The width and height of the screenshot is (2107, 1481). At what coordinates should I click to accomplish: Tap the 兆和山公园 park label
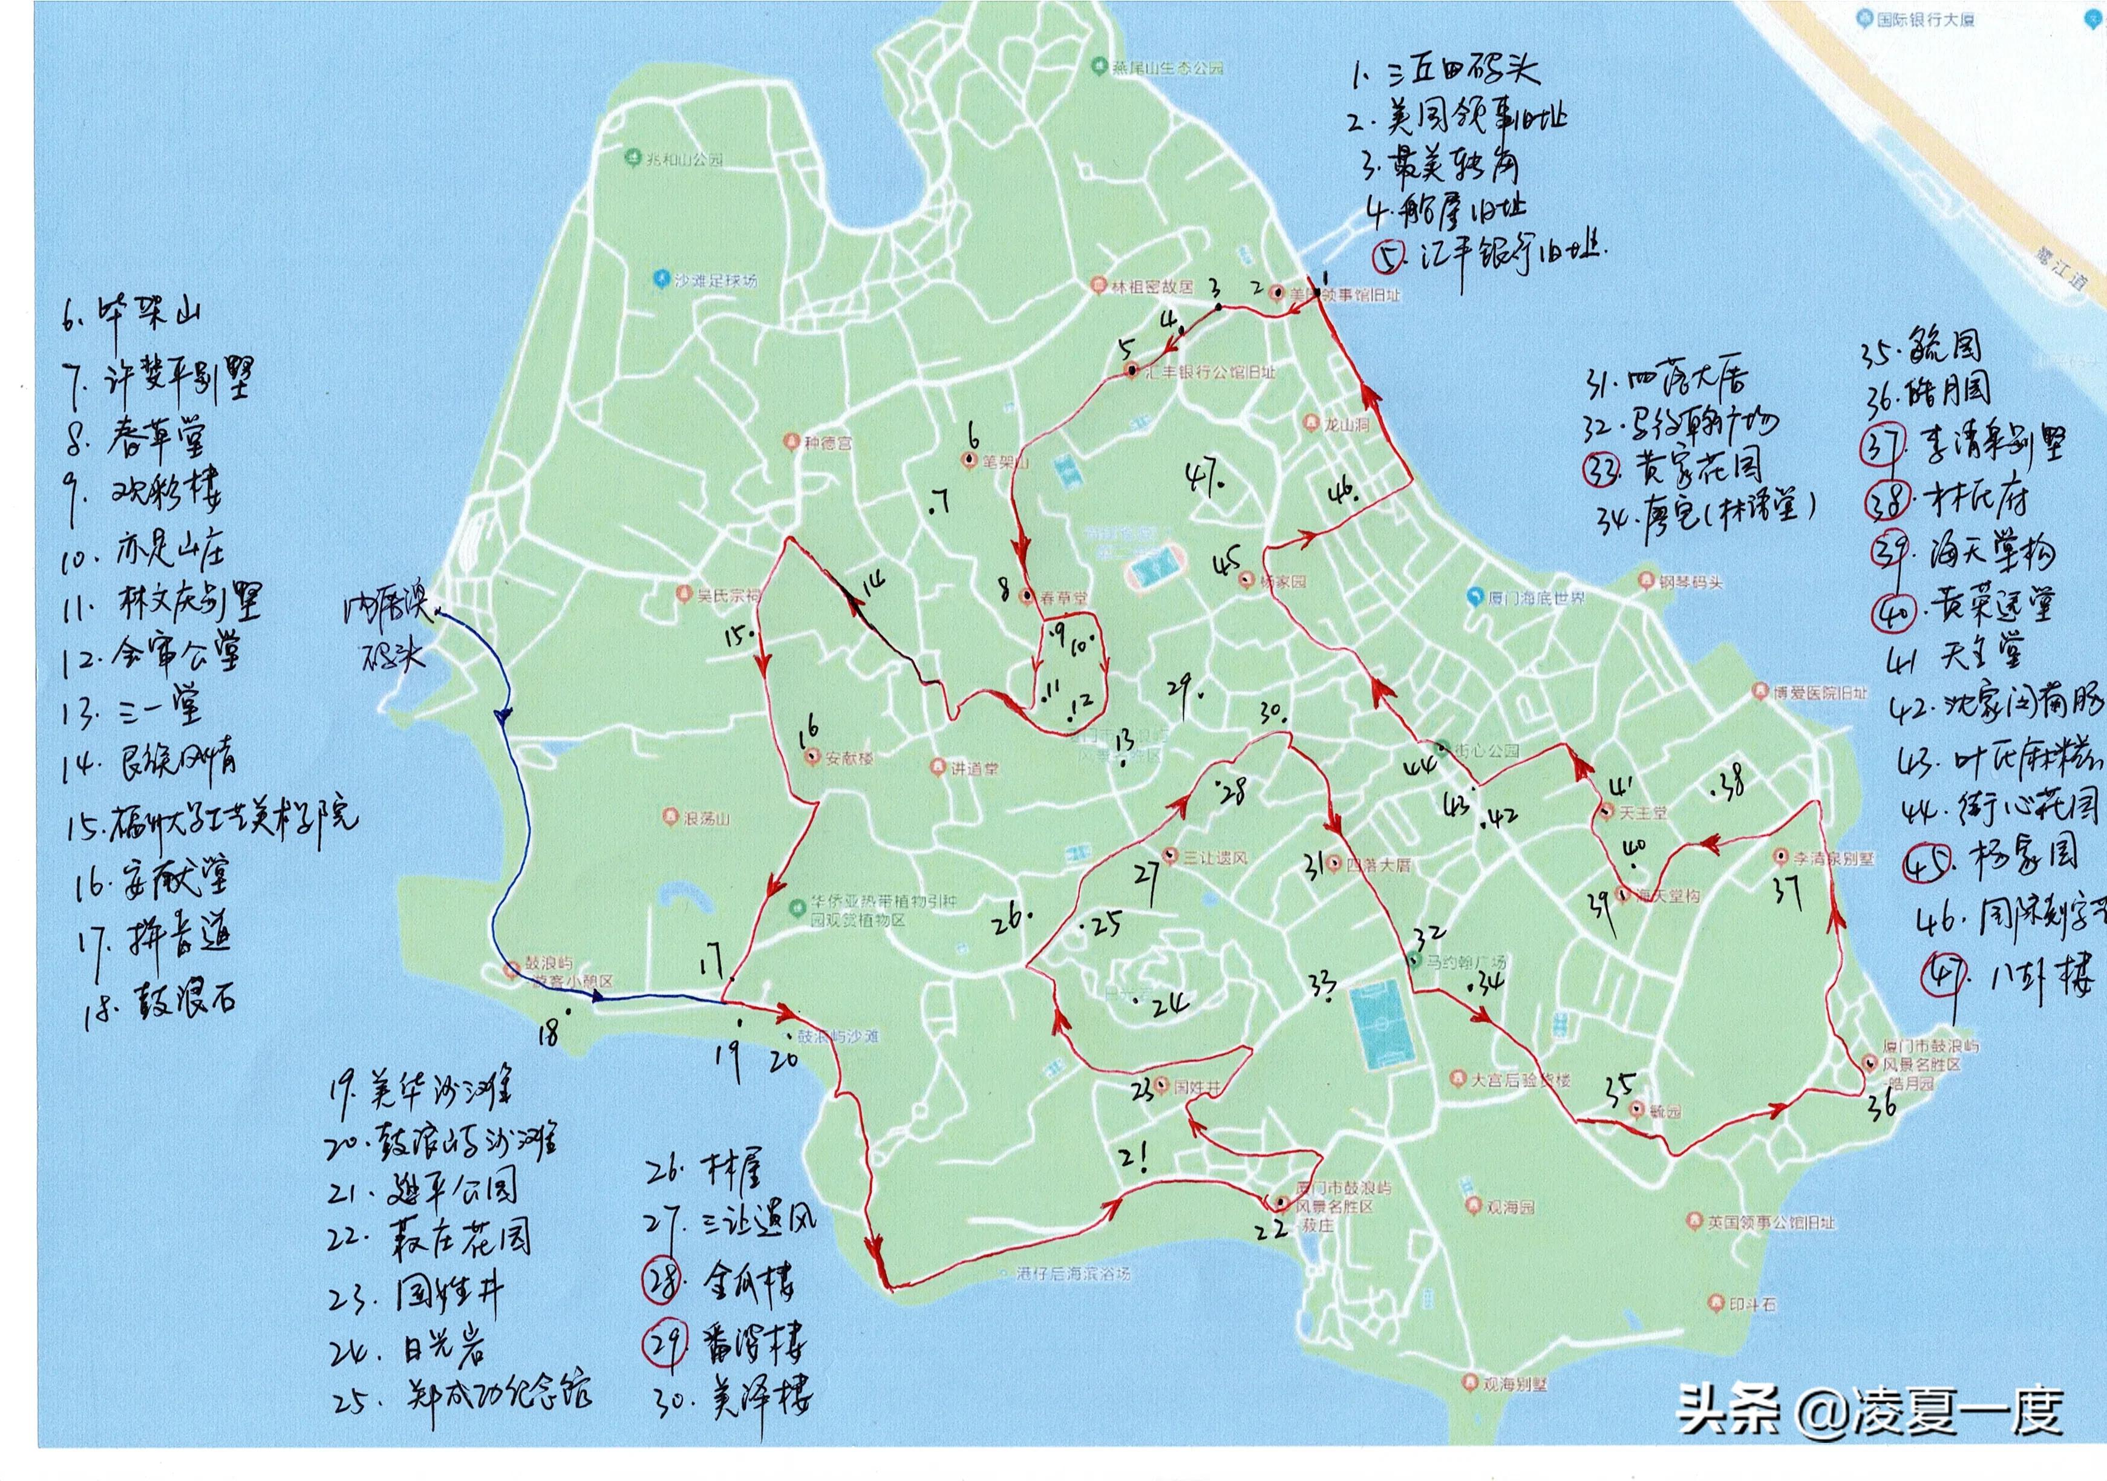[x=684, y=159]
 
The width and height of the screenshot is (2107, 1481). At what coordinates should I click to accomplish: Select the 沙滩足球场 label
[x=715, y=280]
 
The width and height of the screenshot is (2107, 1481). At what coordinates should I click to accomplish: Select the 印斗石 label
[x=1752, y=1303]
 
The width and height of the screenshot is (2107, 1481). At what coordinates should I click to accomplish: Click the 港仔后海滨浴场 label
[x=1074, y=1273]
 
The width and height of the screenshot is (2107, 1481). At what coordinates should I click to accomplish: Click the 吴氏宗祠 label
[x=728, y=595]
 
